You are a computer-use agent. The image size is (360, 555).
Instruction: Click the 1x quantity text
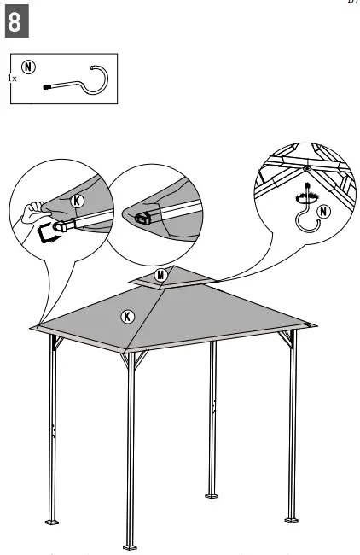tap(12, 78)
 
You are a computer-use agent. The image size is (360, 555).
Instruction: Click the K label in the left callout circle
tap(78, 201)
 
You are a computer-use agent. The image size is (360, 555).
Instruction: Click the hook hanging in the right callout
tap(305, 219)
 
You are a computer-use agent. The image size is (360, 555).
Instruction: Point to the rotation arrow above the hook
tap(303, 195)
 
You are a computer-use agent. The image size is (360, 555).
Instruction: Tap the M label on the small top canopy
tap(161, 275)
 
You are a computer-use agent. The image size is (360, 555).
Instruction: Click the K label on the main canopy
tap(127, 317)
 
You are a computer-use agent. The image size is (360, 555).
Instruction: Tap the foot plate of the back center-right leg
tap(211, 494)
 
